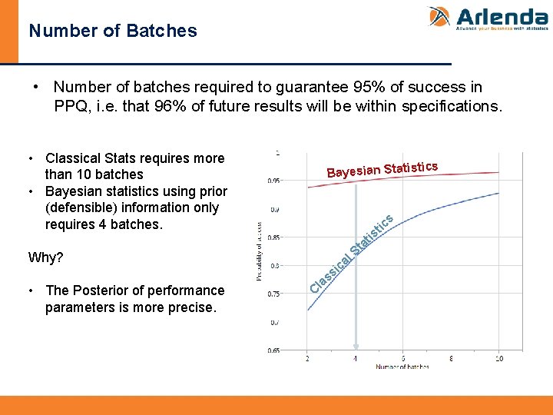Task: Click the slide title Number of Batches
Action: (113, 32)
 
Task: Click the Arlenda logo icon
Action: (439, 18)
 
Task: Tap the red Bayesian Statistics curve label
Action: (382, 168)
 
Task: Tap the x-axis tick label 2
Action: (307, 358)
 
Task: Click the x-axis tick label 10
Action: (499, 358)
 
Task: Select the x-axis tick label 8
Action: (452, 358)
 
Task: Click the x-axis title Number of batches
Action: (402, 367)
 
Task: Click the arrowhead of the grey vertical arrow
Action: (356, 347)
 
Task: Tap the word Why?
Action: (45, 257)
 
